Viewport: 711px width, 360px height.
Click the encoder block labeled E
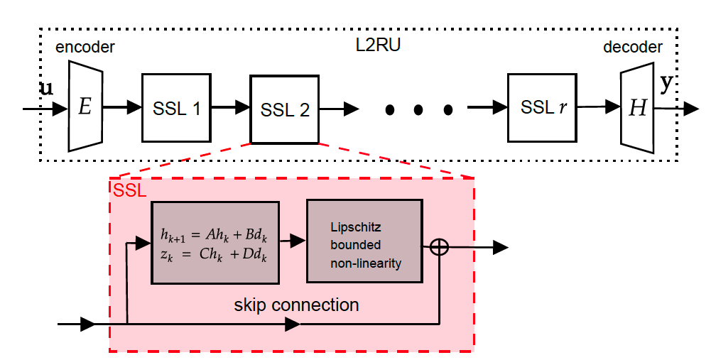point(86,107)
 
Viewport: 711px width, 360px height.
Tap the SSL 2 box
point(285,109)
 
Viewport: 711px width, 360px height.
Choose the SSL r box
point(541,107)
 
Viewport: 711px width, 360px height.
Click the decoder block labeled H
point(637,109)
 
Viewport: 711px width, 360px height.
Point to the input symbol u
point(45,89)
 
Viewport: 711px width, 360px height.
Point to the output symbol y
point(666,84)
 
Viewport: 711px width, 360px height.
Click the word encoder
point(85,48)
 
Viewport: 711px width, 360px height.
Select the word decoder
point(633,48)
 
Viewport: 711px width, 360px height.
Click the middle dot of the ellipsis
point(418,109)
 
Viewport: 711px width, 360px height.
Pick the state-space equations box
point(215,242)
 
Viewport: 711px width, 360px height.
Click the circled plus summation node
point(440,246)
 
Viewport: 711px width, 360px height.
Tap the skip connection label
point(296,305)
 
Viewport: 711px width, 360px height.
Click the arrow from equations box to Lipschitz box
point(292,241)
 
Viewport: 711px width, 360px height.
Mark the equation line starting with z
point(215,256)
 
